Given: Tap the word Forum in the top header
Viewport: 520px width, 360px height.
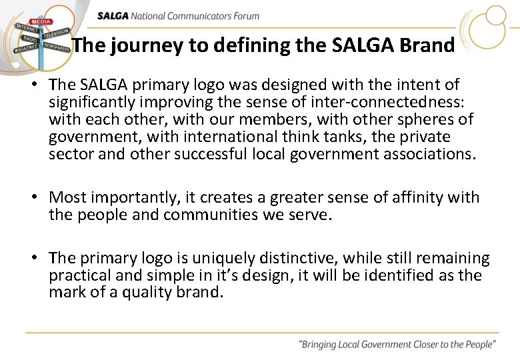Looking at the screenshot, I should pyautogui.click(x=245, y=16).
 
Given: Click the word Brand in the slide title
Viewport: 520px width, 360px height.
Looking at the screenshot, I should pyautogui.click(x=427, y=45).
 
